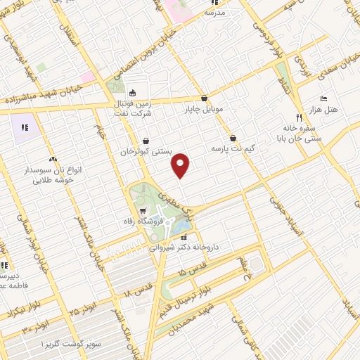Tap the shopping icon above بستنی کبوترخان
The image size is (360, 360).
(x=146, y=140)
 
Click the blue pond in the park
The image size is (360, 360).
(x=181, y=226)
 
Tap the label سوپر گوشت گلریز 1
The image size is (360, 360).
(x=71, y=344)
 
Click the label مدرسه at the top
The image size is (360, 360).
(x=214, y=13)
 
